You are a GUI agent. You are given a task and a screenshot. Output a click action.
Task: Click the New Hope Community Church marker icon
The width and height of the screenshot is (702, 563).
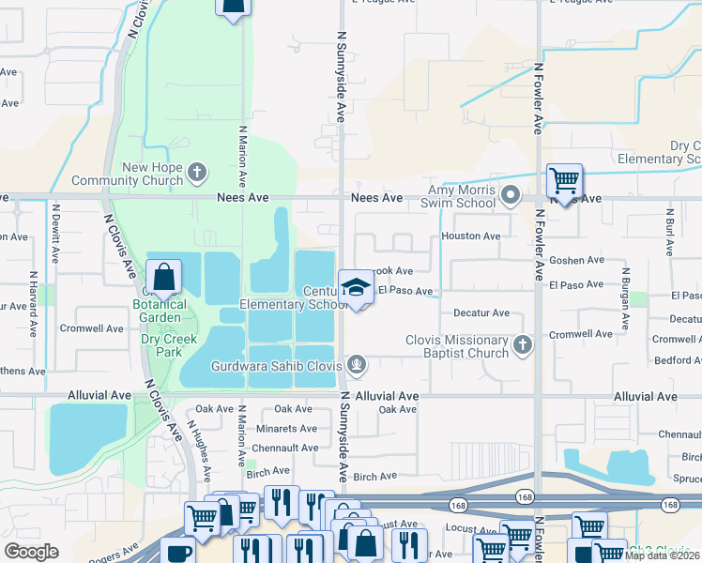pos(196,172)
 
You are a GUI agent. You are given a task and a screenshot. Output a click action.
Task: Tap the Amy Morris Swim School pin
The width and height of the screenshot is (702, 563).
pos(511,196)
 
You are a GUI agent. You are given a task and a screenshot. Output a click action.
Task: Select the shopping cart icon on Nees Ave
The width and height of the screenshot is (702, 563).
pos(564,179)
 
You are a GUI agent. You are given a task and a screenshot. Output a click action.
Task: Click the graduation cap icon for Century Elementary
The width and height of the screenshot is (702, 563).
pos(357,288)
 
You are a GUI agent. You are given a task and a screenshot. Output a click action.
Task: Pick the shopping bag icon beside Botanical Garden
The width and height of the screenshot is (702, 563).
pos(163,278)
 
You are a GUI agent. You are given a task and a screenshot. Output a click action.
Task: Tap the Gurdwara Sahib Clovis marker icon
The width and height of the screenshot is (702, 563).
pos(356,364)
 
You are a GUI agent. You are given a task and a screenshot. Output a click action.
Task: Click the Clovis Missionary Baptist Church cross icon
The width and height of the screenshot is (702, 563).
pos(523,346)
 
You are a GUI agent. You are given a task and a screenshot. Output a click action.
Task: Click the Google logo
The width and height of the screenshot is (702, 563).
pos(31,551)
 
